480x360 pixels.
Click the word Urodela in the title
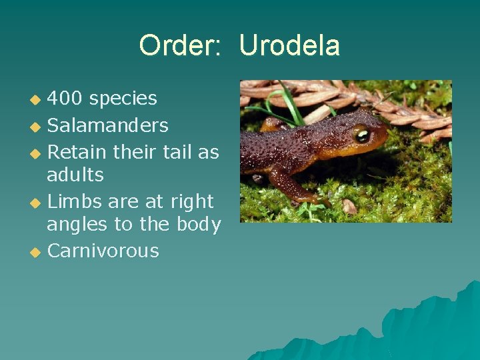coord(289,45)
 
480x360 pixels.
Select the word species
coord(123,99)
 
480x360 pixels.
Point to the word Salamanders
coord(107,125)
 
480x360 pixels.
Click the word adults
coord(75,175)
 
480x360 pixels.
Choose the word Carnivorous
coord(103,251)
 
